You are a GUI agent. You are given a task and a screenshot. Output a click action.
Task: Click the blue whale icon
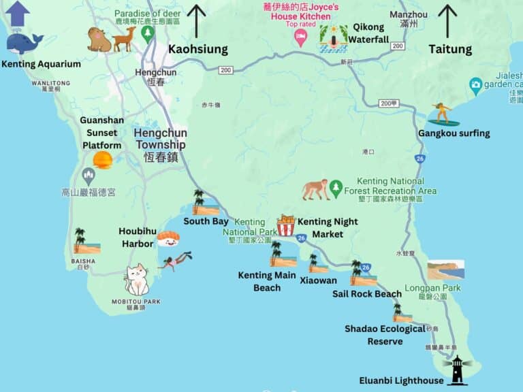25,44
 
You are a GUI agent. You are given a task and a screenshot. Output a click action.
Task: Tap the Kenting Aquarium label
41,65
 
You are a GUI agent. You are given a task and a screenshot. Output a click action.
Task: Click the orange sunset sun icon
103,161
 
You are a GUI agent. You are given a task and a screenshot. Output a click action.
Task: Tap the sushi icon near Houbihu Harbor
168,238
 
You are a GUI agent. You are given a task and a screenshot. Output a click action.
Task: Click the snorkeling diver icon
176,260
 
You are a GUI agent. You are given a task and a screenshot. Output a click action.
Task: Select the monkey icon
315,190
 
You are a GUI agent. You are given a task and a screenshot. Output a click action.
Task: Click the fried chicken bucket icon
285,225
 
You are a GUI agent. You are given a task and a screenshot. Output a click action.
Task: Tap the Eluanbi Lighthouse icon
458,370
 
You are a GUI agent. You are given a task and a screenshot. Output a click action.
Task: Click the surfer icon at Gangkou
443,114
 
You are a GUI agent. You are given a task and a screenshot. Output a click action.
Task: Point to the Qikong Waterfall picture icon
333,38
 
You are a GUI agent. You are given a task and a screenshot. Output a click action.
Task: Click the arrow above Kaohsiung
196,20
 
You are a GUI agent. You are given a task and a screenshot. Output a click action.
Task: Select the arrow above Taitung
448,20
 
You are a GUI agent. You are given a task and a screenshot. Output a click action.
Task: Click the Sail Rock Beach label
366,294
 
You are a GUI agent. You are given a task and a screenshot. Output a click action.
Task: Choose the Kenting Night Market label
328,228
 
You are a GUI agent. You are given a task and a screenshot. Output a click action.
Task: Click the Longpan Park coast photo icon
446,269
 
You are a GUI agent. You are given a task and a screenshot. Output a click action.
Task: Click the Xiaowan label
318,280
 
